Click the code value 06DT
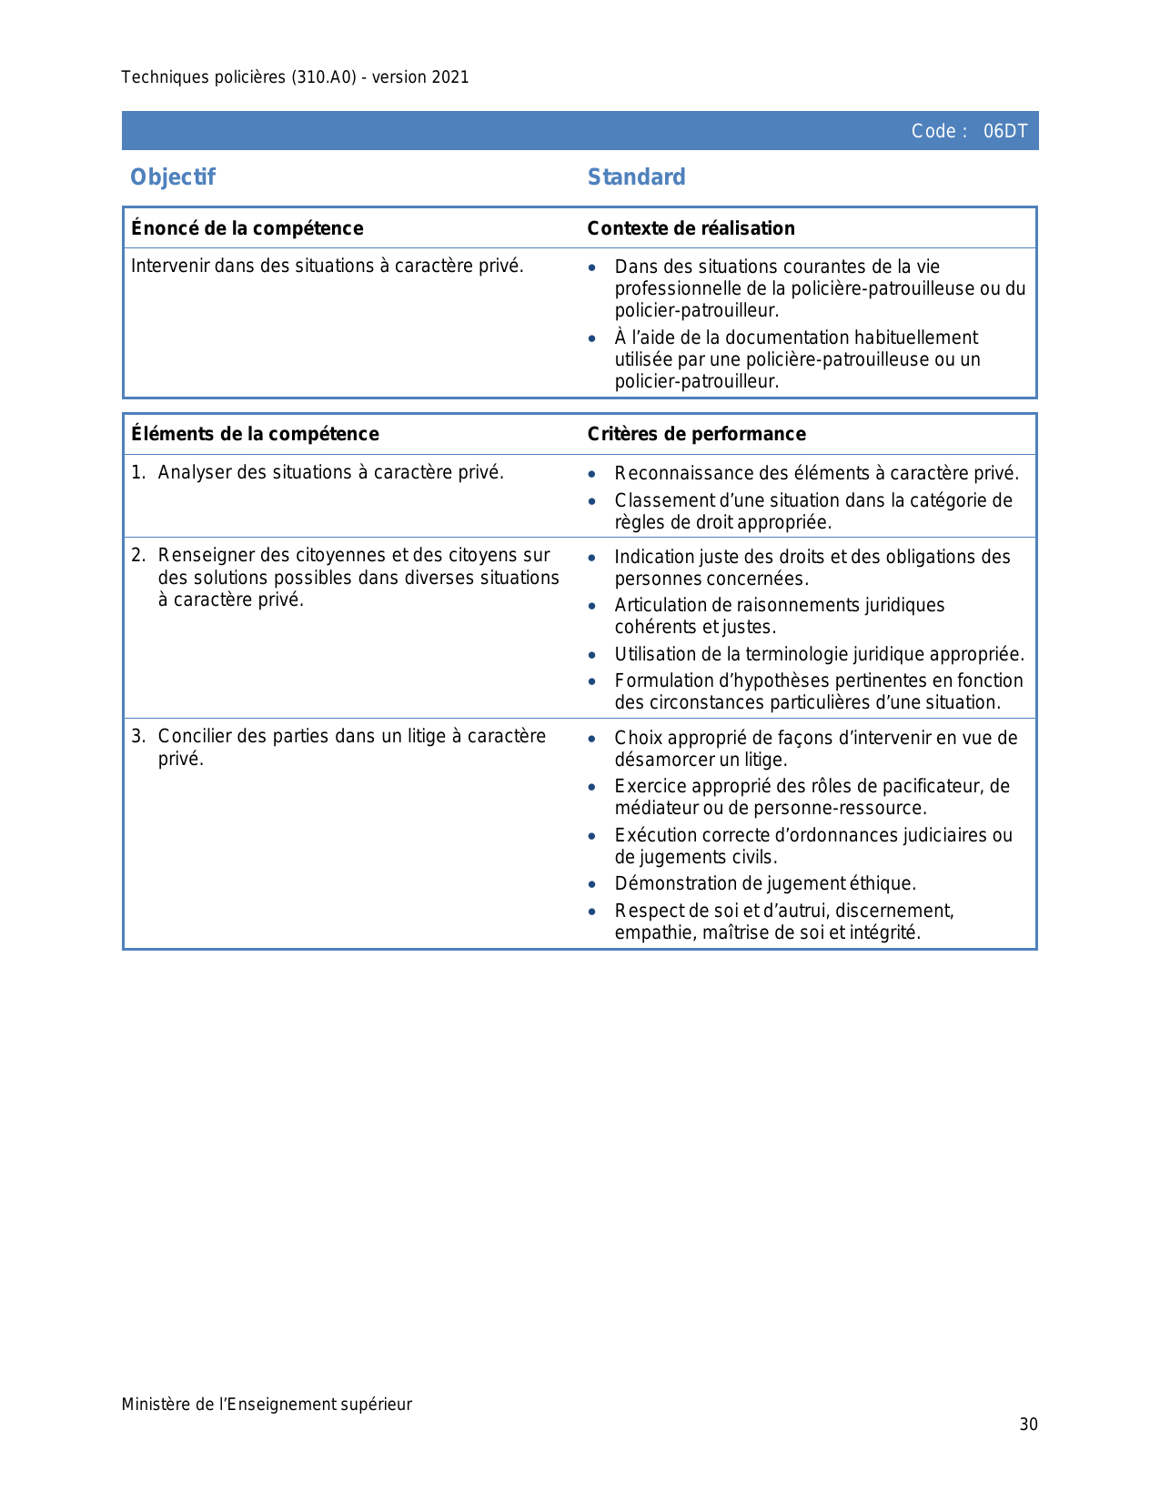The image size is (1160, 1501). click(1004, 131)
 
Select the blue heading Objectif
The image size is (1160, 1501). click(173, 176)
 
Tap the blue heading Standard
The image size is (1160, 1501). click(636, 176)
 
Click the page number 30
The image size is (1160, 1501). click(1028, 1425)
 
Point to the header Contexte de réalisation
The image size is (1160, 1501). click(691, 228)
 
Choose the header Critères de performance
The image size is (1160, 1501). click(696, 434)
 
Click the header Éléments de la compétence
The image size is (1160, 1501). click(255, 434)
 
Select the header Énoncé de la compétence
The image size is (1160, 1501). click(247, 228)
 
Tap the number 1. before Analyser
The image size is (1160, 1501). click(138, 472)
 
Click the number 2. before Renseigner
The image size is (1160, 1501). click(138, 555)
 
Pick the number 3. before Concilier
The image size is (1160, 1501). click(138, 736)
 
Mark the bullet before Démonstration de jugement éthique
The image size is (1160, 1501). click(592, 884)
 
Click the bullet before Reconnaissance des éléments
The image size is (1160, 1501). click(592, 474)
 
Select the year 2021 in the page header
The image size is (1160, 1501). click(450, 77)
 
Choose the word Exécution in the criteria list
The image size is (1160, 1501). click(651, 835)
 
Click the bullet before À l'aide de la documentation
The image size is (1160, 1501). click(592, 338)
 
